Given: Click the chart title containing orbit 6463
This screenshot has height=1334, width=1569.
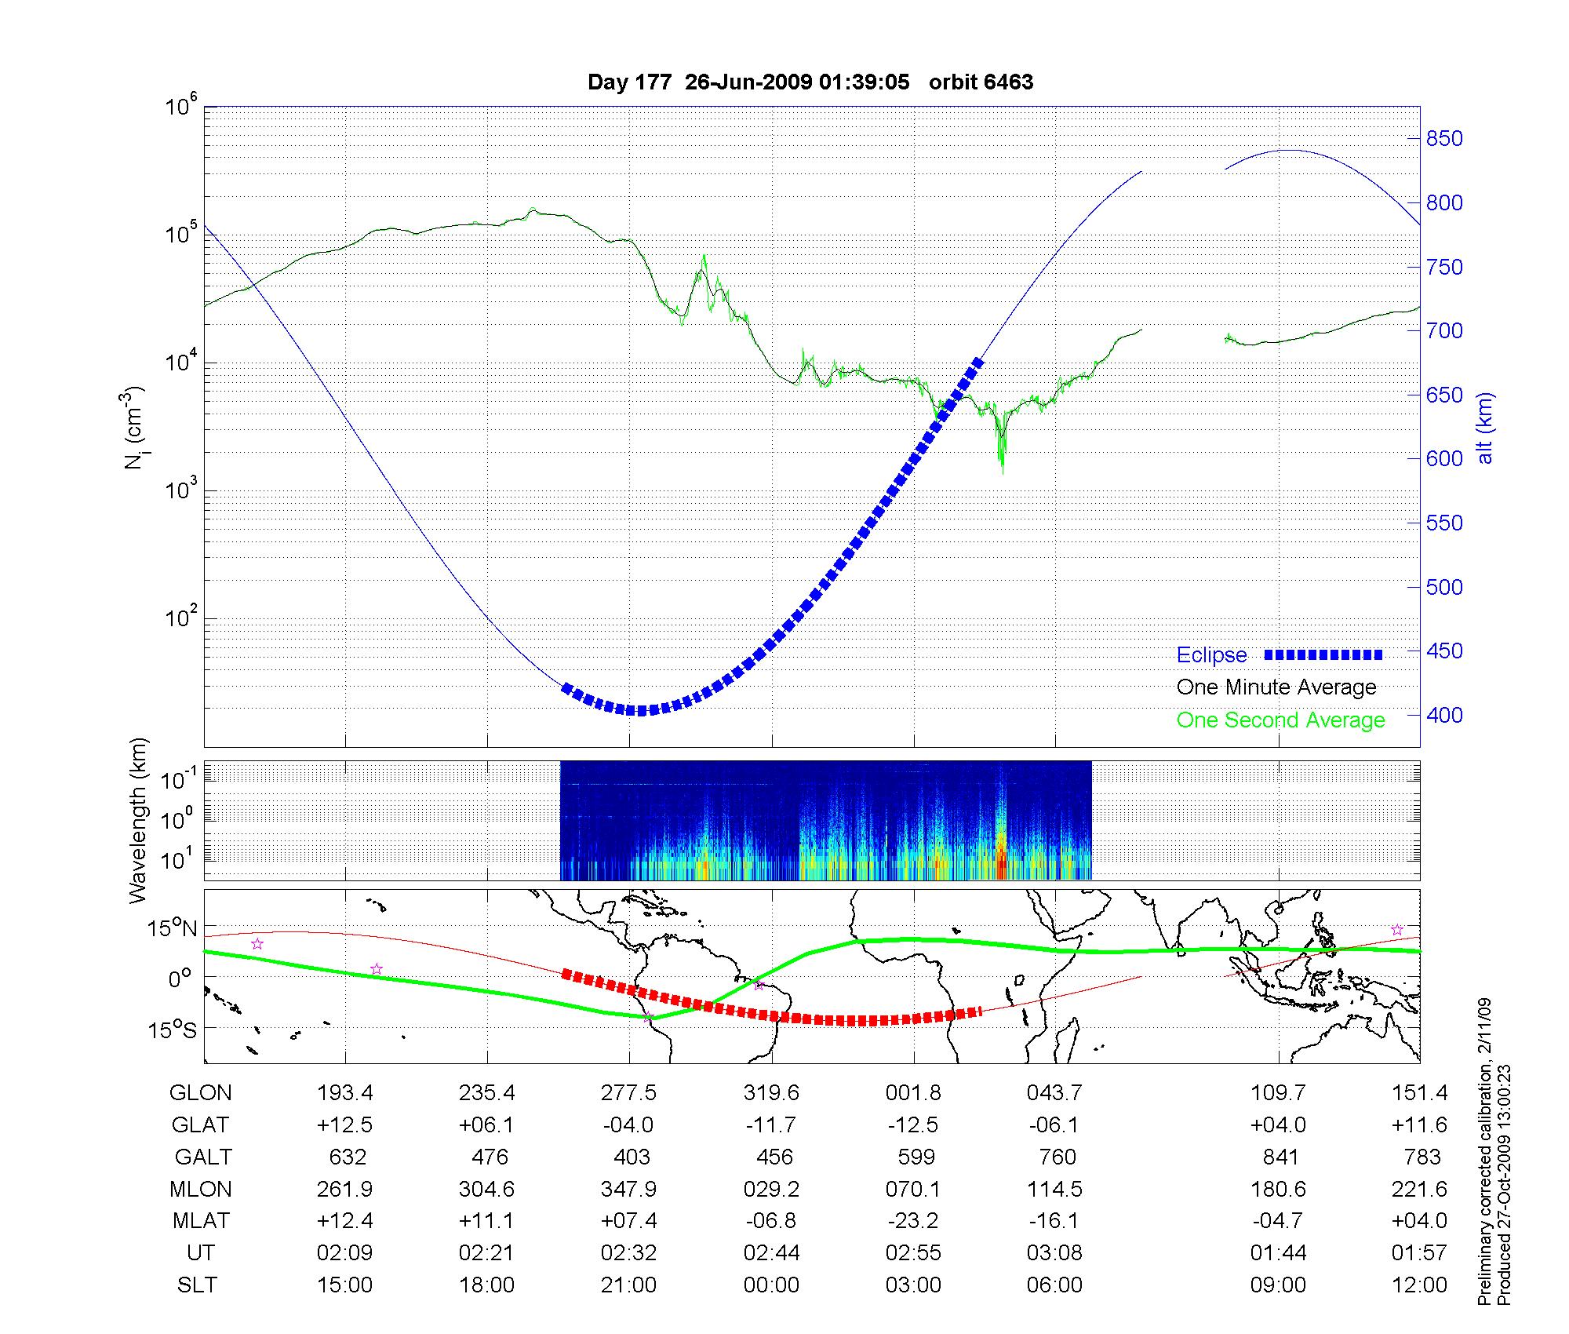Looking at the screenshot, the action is pyautogui.click(x=810, y=82).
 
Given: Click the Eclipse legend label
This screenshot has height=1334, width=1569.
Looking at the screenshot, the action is pyautogui.click(x=1211, y=655).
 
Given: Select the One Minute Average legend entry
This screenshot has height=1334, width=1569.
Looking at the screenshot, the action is pyautogui.click(x=1276, y=687).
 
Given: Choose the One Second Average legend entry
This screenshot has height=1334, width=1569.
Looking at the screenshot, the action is pyautogui.click(x=1280, y=720).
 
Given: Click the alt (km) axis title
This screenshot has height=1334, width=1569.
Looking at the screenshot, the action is pyautogui.click(x=1485, y=428).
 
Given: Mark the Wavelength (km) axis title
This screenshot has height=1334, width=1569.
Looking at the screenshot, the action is pyautogui.click(x=138, y=820).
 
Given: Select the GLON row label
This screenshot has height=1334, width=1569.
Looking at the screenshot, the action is pyautogui.click(x=201, y=1092).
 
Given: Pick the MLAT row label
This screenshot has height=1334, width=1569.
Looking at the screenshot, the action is pyautogui.click(x=201, y=1221).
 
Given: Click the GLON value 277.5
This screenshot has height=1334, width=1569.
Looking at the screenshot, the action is pyautogui.click(x=629, y=1092).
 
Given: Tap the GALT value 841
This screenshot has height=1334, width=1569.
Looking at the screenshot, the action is pyautogui.click(x=1280, y=1157).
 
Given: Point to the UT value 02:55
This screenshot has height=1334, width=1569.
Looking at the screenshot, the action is pyautogui.click(x=913, y=1253).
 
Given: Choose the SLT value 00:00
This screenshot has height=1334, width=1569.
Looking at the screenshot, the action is pyautogui.click(x=771, y=1285).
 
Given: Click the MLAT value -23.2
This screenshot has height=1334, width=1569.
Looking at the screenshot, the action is pyautogui.click(x=913, y=1221).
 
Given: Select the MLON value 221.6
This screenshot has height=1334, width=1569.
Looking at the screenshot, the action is pyautogui.click(x=1419, y=1189).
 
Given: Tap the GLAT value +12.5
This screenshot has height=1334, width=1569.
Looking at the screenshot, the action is pyautogui.click(x=344, y=1124).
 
